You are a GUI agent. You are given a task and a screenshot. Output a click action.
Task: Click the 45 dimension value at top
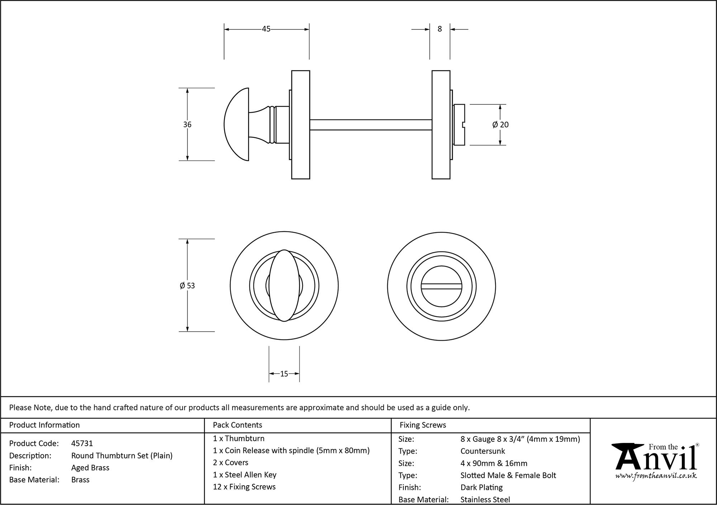[266, 29]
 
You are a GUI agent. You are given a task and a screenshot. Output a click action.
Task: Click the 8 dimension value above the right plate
[440, 29]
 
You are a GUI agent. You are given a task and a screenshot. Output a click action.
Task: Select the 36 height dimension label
[187, 125]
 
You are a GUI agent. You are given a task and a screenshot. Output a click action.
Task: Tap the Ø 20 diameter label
[500, 125]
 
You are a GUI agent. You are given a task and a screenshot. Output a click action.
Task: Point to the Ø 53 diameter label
[187, 286]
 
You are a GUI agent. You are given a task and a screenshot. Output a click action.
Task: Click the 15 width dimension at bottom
[284, 374]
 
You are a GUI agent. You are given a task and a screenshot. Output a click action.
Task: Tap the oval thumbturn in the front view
[284, 286]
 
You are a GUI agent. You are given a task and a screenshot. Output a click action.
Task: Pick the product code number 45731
[82, 443]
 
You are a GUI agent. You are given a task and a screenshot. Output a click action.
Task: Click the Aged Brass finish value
[90, 468]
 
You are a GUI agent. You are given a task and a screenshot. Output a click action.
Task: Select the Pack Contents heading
[237, 425]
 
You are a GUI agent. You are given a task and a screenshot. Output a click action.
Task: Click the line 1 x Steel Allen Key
[244, 475]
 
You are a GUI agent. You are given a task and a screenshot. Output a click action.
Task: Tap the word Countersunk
[483, 451]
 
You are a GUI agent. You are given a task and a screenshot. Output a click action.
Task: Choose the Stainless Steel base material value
[485, 499]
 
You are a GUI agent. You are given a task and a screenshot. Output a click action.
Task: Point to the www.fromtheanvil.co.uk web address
[656, 476]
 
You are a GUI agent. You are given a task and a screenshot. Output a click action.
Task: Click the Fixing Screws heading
[423, 425]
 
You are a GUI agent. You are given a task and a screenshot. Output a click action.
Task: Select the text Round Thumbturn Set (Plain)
[122, 455]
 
